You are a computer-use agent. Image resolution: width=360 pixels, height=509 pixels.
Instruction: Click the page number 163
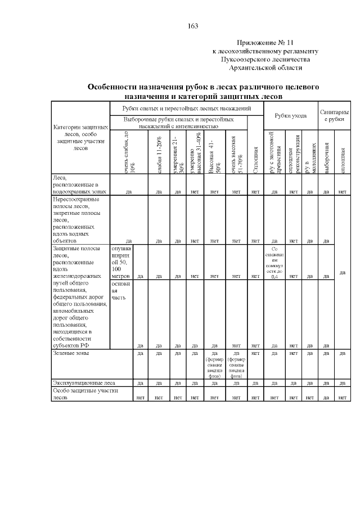pyautogui.click(x=192, y=26)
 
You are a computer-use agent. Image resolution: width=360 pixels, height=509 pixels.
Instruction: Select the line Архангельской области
pyautogui.click(x=265, y=67)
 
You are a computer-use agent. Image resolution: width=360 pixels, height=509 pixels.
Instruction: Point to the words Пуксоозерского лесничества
pyautogui.click(x=265, y=59)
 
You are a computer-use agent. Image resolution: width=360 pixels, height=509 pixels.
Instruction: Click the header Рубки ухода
pyautogui.click(x=290, y=116)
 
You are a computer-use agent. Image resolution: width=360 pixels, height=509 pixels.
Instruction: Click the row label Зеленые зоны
pyautogui.click(x=71, y=354)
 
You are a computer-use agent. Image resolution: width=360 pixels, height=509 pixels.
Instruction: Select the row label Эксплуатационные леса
pyautogui.click(x=84, y=383)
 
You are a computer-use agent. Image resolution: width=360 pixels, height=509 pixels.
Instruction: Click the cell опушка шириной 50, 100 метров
pyautogui.click(x=121, y=262)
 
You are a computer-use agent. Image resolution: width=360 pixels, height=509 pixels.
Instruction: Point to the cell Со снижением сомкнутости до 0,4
pyautogui.click(x=274, y=262)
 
